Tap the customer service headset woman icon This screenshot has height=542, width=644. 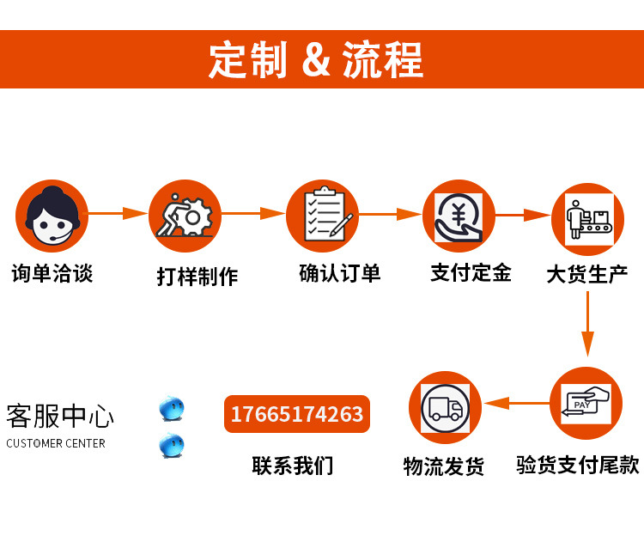tap(52, 216)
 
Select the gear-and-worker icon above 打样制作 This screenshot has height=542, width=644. tap(185, 216)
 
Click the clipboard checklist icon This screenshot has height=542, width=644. tap(322, 216)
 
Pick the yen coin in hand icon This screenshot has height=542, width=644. tap(459, 216)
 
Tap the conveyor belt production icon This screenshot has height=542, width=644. tap(587, 220)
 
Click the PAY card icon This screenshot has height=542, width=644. tap(586, 403)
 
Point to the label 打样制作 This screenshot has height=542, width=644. tap(197, 277)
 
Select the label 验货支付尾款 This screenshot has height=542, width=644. tap(578, 465)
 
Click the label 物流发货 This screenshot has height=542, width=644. tap(444, 466)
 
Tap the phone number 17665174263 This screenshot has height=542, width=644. tap(296, 415)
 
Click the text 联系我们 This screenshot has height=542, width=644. tap(292, 466)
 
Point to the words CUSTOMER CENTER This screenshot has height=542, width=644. tap(56, 443)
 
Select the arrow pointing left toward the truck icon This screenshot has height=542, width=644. tap(516, 402)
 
